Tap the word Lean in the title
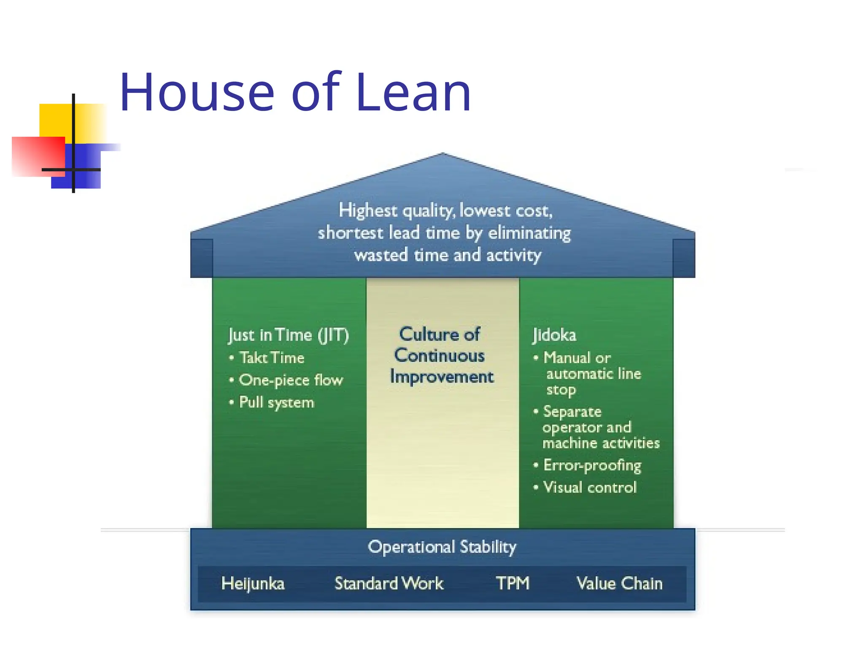coord(413,92)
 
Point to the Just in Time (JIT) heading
coord(289,335)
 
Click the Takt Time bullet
coord(272,358)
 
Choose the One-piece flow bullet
coord(291,380)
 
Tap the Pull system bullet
coord(276,402)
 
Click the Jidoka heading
coord(554,335)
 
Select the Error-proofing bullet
coord(592,465)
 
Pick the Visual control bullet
coord(589,488)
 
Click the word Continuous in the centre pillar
coord(439,356)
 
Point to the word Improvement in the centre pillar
coord(442,377)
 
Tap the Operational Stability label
coord(442,547)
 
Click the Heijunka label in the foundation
coord(253,583)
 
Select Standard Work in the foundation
coord(389,583)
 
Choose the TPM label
coord(512,583)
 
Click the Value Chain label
coord(619,583)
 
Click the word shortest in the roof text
coord(351,233)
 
